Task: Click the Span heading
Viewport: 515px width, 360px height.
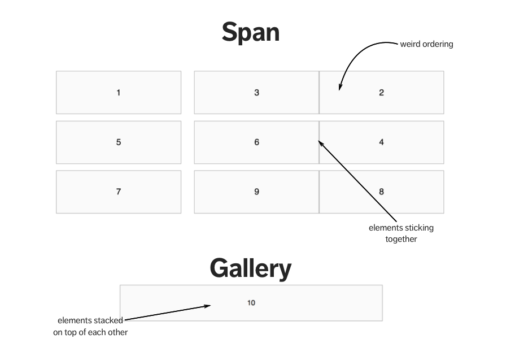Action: [250, 32]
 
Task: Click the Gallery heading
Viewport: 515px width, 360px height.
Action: [250, 268]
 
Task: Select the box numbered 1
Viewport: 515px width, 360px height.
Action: [119, 93]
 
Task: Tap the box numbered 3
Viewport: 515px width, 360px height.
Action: [256, 93]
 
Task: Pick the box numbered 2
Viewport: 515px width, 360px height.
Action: [381, 93]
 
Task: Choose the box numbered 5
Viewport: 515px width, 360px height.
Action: [119, 142]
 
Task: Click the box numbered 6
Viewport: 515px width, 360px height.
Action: [256, 142]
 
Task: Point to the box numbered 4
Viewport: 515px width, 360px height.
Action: [381, 142]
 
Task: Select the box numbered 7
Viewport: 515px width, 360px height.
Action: [119, 192]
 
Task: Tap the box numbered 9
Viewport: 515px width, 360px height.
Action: [256, 192]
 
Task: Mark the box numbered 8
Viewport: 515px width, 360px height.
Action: [381, 192]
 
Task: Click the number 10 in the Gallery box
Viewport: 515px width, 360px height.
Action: [251, 303]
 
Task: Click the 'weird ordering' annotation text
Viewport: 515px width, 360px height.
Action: [426, 44]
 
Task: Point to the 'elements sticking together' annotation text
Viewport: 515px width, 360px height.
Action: [401, 233]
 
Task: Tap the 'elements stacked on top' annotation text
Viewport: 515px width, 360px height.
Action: [90, 327]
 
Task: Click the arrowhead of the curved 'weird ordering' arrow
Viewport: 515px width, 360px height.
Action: [340, 87]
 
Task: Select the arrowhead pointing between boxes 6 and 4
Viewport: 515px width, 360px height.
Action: [321, 142]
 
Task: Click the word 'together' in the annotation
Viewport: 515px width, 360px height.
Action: [401, 239]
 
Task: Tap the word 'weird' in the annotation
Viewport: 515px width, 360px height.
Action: [411, 44]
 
